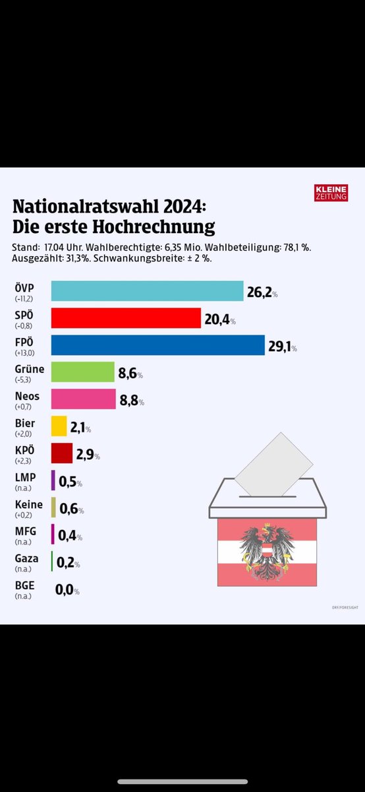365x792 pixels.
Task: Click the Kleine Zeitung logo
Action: pyautogui.click(x=331, y=192)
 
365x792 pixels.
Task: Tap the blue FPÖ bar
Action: pyautogui.click(x=157, y=345)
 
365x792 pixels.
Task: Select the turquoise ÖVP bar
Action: pyautogui.click(x=147, y=291)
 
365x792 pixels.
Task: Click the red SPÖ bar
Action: pyautogui.click(x=125, y=318)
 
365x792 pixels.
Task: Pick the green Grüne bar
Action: pyautogui.click(x=83, y=372)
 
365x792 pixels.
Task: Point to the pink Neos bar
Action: pyautogui.click(x=83, y=399)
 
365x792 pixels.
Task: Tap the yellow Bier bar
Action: pyautogui.click(x=59, y=426)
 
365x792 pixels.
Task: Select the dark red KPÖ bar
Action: pyautogui.click(x=61, y=453)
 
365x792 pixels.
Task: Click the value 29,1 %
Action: pyautogui.click(x=287, y=346)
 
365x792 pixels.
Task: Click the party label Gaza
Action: pyautogui.click(x=26, y=558)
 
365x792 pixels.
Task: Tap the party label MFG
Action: pyautogui.click(x=24, y=531)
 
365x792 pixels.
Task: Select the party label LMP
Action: pyautogui.click(x=24, y=477)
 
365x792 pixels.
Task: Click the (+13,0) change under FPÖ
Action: pyautogui.click(x=25, y=353)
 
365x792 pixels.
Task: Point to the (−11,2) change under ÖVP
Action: pyautogui.click(x=25, y=299)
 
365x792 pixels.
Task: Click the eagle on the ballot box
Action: pyautogui.click(x=267, y=552)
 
